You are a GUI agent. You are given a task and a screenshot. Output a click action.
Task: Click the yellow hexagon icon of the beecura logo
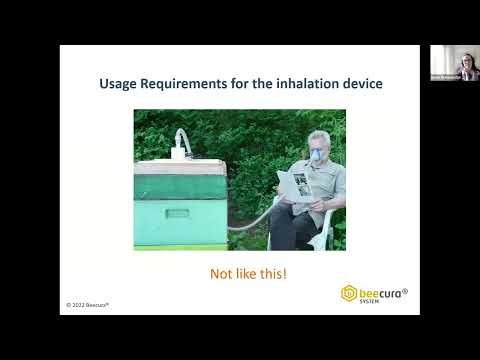coord(349,293)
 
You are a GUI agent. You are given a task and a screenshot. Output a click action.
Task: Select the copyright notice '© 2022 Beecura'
coord(88,303)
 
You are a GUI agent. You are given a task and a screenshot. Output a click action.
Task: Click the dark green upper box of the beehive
coord(180,184)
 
